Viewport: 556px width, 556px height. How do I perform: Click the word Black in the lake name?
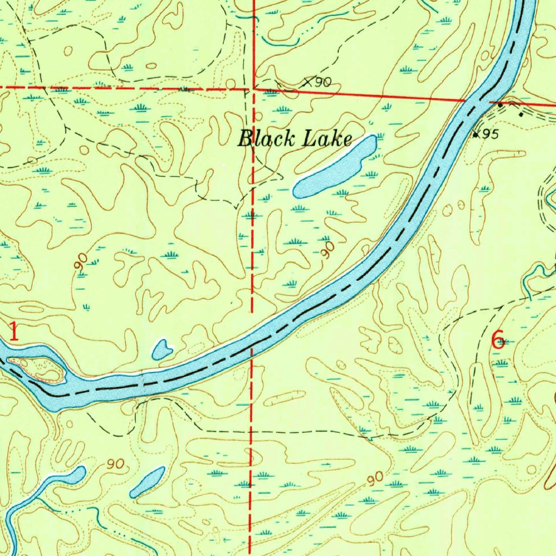263,139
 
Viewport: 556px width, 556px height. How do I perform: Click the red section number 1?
14,332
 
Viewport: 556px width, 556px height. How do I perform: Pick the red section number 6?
497,339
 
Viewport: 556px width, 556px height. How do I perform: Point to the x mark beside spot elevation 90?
308,83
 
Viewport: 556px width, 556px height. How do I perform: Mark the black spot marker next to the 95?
476,135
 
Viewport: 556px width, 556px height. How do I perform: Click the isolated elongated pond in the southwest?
147,482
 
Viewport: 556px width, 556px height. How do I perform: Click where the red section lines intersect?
254,89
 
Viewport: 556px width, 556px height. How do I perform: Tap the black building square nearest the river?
501,104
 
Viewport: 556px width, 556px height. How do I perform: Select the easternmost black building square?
521,114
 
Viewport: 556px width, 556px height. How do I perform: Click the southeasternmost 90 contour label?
375,478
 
